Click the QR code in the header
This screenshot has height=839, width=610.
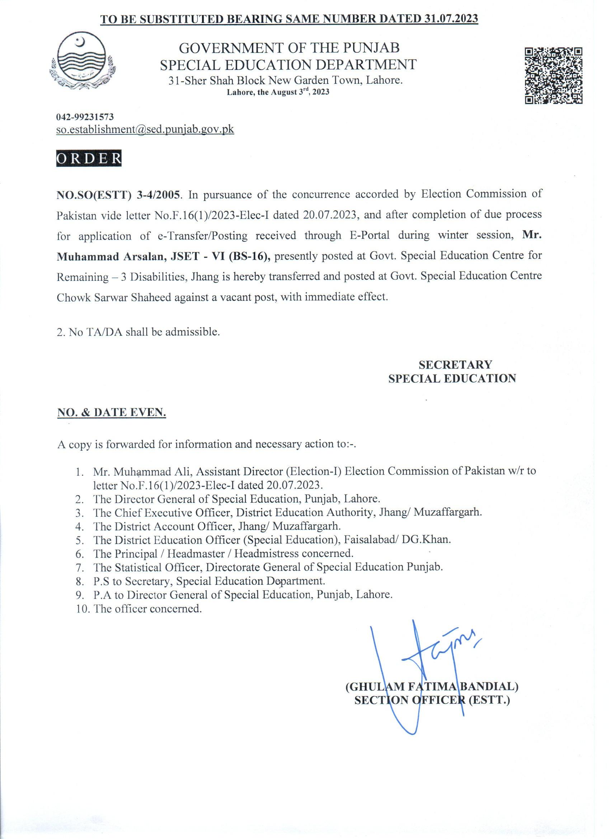tap(554, 76)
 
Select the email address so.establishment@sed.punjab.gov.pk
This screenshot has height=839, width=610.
tap(145, 130)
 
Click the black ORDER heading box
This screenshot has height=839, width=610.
tap(89, 158)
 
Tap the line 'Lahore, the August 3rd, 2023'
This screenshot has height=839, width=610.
tap(278, 93)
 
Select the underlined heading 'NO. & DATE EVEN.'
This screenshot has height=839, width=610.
tap(111, 413)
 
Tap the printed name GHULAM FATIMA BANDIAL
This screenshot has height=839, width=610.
tap(432, 698)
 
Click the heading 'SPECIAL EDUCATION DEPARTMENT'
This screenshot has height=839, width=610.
tap(288, 65)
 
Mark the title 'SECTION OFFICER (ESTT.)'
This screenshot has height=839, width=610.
tap(432, 711)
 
